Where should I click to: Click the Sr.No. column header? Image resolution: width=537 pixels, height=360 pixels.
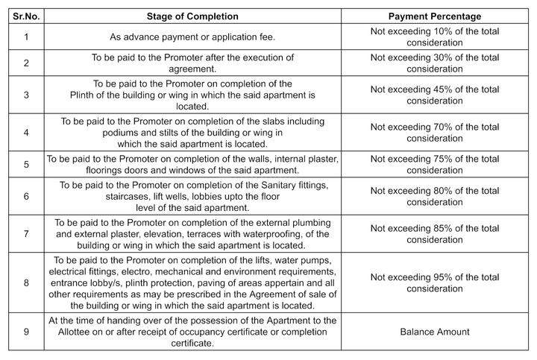pyautogui.click(x=26, y=16)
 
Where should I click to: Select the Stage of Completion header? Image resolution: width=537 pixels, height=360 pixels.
pyautogui.click(x=192, y=16)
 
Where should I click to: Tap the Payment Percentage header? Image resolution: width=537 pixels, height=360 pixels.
pyautogui.click(x=435, y=16)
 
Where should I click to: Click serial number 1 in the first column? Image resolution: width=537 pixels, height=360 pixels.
pyautogui.click(x=26, y=37)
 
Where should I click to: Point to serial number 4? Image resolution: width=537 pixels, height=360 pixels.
pyautogui.click(x=26, y=132)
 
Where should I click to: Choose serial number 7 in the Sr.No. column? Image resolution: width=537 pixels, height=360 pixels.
pyautogui.click(x=26, y=233)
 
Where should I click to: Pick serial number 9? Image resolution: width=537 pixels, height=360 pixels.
pyautogui.click(x=26, y=332)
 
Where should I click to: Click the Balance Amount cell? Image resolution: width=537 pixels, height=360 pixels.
pyautogui.click(x=435, y=332)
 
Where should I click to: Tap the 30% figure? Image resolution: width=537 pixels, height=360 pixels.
pyautogui.click(x=442, y=57)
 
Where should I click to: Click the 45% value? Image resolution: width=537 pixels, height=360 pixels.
pyautogui.click(x=442, y=89)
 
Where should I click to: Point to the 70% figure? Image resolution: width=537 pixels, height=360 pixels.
pyautogui.click(x=442, y=127)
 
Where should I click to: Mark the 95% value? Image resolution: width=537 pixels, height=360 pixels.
pyautogui.click(x=442, y=277)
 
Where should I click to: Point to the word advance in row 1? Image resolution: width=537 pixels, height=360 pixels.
pyautogui.click(x=138, y=37)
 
